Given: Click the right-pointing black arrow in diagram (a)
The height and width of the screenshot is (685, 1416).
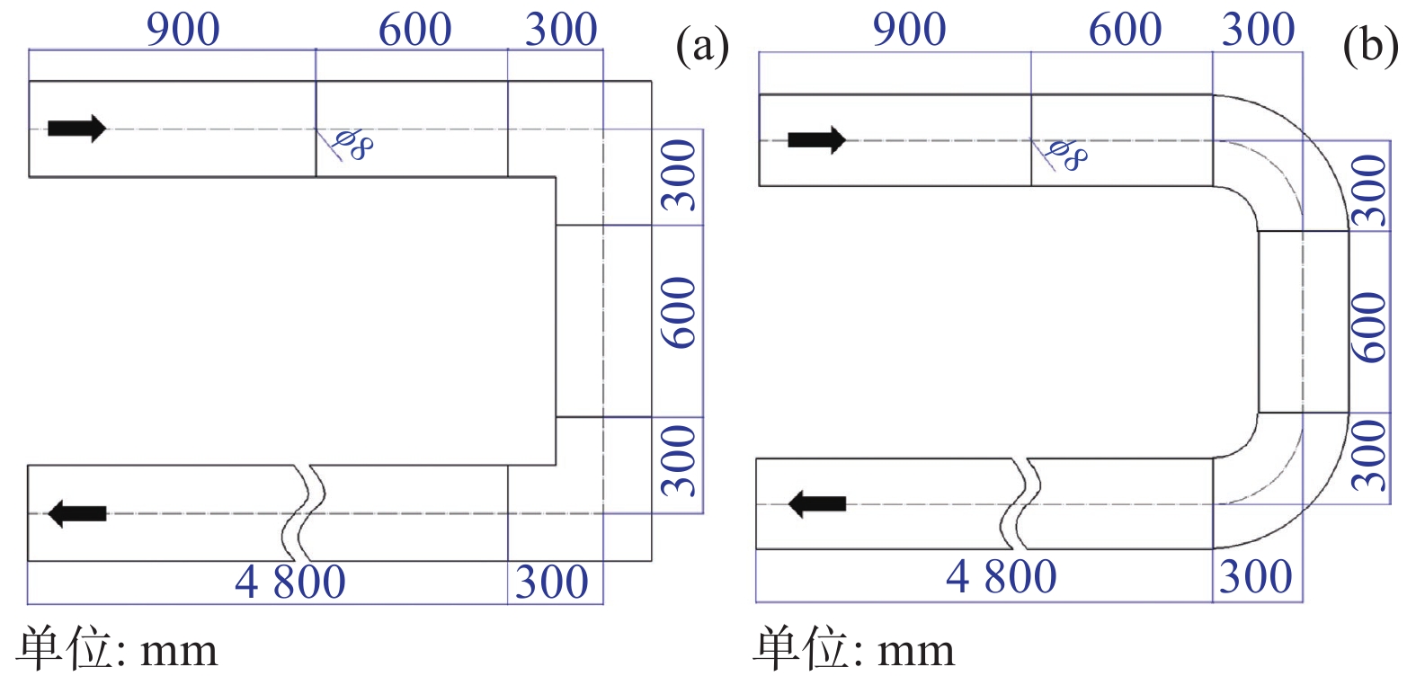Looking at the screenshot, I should [76, 129].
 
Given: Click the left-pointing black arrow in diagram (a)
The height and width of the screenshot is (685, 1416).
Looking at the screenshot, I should [76, 513].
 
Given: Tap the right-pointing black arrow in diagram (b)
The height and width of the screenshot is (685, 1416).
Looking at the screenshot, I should [816, 140].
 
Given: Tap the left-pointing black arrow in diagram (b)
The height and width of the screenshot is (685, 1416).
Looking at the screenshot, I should [816, 503].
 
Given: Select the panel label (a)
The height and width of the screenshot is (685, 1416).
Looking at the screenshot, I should [701, 45].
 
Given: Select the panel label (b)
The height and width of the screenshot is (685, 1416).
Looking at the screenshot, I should [1369, 45].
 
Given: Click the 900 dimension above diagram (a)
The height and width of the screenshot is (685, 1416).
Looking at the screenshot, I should [183, 30].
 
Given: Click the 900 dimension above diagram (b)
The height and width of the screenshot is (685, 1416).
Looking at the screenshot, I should [909, 30].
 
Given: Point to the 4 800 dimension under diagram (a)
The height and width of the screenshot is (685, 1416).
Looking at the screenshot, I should [289, 583].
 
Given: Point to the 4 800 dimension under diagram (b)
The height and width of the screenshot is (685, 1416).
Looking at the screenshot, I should [1001, 576].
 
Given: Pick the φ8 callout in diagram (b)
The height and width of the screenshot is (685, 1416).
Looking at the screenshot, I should [1066, 155].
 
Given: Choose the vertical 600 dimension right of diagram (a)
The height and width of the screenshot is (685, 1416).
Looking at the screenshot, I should [679, 312].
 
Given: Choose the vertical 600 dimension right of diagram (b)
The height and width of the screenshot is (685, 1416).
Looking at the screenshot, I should [1369, 327].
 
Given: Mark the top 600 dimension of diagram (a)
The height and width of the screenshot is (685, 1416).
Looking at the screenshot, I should [414, 30].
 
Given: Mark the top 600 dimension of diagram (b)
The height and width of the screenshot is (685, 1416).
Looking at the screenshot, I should [1125, 30].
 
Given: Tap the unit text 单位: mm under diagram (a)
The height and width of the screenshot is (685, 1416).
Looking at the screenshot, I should [117, 649].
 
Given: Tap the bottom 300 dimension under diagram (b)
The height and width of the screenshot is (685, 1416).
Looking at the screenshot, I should [1256, 576].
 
